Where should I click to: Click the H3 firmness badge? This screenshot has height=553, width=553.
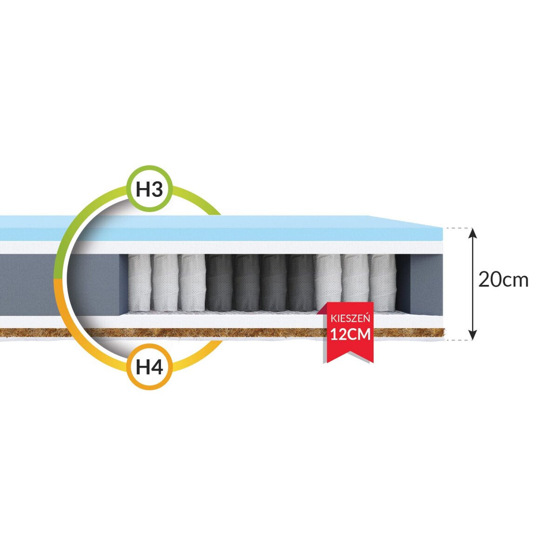[149, 189]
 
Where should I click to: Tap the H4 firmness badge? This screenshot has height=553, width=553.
[149, 367]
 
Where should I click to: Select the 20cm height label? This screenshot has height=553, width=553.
[503, 280]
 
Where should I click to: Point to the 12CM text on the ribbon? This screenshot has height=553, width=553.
[350, 334]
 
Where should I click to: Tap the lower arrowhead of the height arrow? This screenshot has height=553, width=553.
[473, 334]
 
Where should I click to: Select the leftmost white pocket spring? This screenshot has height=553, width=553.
[140, 283]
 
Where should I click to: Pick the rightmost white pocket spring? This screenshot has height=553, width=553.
[382, 283]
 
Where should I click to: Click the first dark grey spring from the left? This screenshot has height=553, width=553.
[219, 283]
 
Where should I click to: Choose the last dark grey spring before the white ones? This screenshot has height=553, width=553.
[301, 283]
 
